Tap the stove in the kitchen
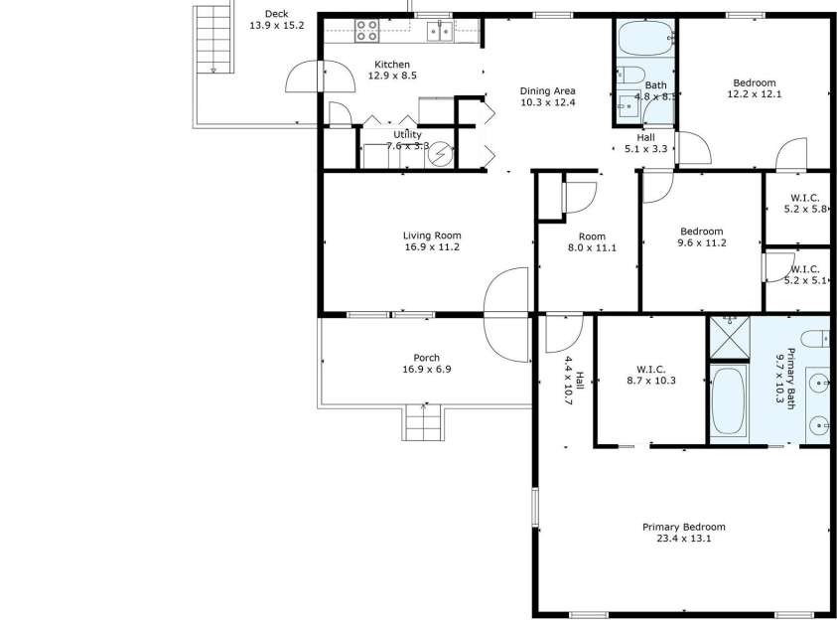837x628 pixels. [367, 31]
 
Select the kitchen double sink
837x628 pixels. [439, 32]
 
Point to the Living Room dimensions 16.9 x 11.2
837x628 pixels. [431, 247]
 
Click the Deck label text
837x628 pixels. [276, 14]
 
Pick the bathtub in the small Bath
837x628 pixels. [642, 41]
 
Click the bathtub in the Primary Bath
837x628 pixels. [729, 400]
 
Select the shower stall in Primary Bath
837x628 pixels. [729, 338]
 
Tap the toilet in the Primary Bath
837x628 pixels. [816, 338]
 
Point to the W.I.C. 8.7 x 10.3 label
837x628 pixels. [650, 374]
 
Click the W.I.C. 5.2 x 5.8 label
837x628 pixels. [804, 204]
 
